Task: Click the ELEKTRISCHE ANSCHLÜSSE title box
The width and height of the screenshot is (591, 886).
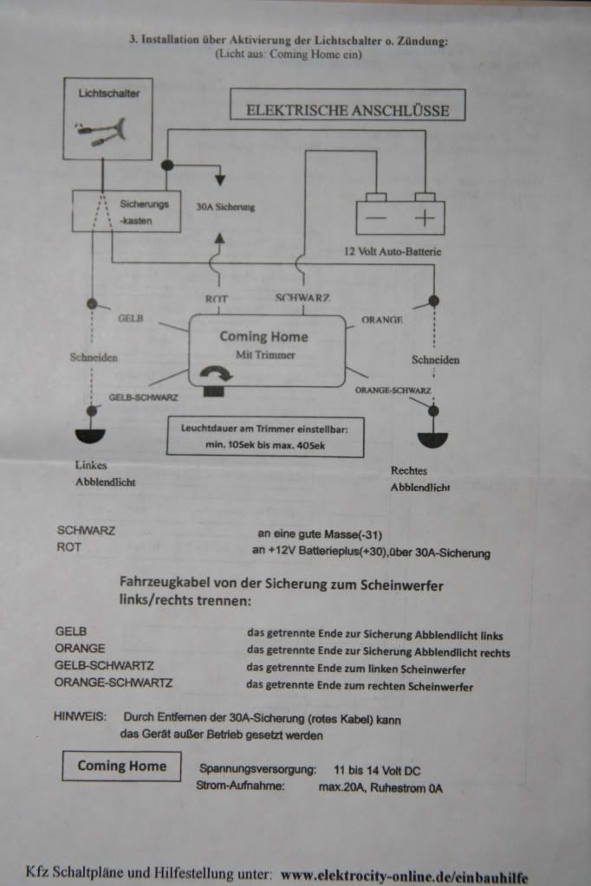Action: (x=347, y=110)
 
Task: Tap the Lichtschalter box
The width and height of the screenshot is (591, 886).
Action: (x=108, y=118)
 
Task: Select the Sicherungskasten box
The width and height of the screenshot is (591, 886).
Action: (x=127, y=211)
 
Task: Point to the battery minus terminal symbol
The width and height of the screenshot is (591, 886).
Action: (x=376, y=218)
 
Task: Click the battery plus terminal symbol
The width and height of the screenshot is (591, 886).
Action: (x=424, y=218)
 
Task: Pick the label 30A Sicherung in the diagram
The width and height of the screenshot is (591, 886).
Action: (x=225, y=208)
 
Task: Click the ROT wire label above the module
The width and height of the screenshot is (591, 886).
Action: (x=216, y=299)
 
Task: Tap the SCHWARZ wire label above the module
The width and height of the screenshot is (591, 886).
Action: (x=302, y=298)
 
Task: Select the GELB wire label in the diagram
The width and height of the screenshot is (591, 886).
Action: (x=129, y=319)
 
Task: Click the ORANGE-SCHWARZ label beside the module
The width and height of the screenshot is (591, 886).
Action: (x=393, y=391)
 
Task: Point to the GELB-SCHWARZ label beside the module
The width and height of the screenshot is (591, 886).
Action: (x=144, y=398)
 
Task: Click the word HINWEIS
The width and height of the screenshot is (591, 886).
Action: (x=79, y=718)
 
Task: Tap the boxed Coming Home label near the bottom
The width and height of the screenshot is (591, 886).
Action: (x=121, y=766)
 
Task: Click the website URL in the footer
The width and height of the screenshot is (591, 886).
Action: (x=404, y=876)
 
